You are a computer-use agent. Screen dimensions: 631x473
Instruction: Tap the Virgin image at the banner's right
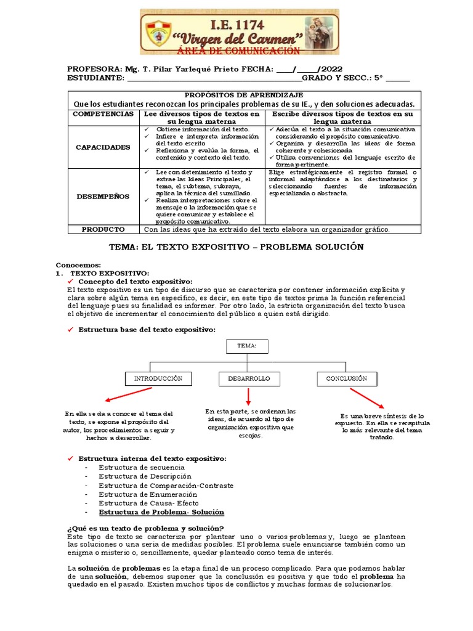319,30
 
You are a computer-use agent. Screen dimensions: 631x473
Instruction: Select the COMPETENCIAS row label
103,115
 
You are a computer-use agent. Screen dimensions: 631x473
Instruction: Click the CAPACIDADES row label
103,147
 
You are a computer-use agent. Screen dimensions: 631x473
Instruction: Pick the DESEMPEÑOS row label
103,197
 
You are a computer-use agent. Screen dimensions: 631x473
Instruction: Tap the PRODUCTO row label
103,229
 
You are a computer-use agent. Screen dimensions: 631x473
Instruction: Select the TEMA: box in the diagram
246,346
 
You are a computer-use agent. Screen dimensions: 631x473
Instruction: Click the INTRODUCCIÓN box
158,378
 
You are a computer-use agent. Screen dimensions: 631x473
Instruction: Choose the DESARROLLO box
249,378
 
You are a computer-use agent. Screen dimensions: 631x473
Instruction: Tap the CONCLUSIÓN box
346,378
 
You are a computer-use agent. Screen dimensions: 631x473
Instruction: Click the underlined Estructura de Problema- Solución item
161,512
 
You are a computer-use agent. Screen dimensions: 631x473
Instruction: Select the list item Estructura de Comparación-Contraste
166,486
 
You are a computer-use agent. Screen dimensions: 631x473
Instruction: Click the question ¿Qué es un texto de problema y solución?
145,528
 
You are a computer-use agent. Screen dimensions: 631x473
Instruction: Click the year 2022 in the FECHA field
329,69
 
